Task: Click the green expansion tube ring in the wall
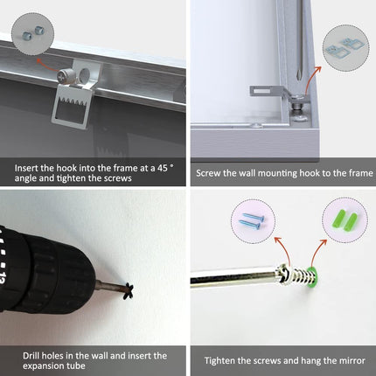click(x=312, y=276)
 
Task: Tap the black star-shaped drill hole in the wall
click(x=129, y=291)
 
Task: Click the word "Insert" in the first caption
click(x=26, y=168)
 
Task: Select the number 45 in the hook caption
click(x=163, y=168)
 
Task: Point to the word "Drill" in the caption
click(x=32, y=356)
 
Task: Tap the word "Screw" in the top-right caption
click(x=208, y=173)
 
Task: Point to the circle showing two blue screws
click(x=253, y=221)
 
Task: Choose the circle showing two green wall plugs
click(x=345, y=220)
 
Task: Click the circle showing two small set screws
click(x=32, y=34)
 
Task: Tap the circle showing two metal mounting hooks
click(x=345, y=48)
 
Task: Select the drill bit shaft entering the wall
click(x=110, y=287)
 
